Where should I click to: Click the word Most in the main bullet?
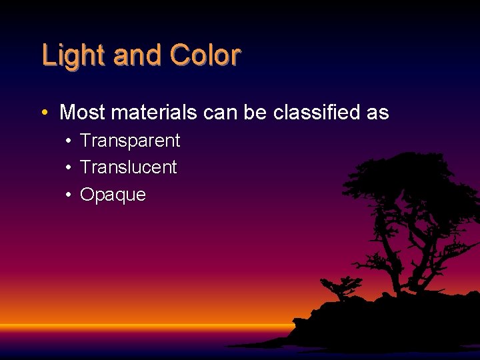tap(83, 113)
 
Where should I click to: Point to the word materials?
tap(154, 113)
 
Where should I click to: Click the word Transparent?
tap(130, 141)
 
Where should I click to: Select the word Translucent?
tap(128, 167)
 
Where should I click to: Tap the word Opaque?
tap(113, 195)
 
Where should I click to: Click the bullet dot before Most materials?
tap(44, 113)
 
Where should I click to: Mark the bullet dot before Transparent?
tap(69, 141)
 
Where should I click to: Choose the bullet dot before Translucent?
tap(69, 168)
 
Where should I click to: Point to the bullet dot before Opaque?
tap(69, 195)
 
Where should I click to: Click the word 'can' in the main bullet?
tap(219, 113)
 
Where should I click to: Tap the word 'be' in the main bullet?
tap(255, 113)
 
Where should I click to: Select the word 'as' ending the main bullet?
tap(377, 113)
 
